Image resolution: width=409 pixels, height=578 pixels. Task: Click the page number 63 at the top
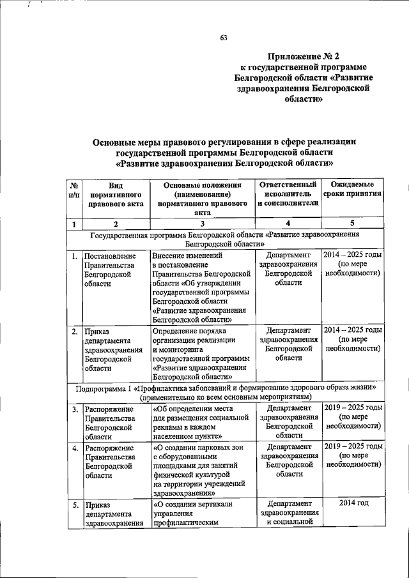pos(224,38)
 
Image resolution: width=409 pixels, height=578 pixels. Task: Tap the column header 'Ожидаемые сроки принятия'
pos(353,190)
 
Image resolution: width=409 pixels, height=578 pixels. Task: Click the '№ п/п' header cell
pos(74,190)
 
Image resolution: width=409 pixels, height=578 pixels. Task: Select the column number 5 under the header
pos(353,223)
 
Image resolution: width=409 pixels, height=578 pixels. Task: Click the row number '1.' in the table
pos(75,257)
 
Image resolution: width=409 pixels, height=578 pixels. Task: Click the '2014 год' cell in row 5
pos(353,505)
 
